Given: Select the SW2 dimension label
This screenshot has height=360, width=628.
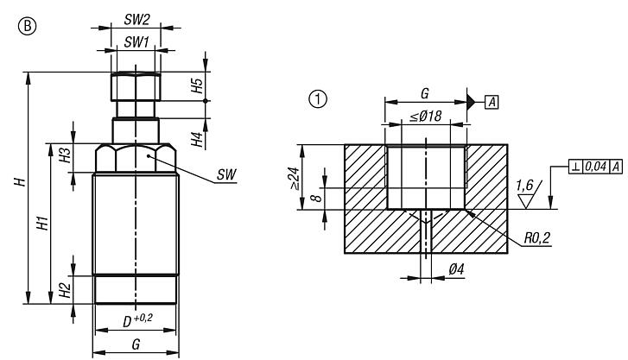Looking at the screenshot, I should tap(135, 18).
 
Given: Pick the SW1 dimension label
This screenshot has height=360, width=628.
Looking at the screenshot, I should tap(135, 42).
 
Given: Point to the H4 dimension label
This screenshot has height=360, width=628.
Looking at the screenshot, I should tap(198, 137).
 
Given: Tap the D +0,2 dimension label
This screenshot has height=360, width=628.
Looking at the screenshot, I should tap(137, 319).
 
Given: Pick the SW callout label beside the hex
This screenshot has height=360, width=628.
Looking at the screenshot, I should tap(227, 174).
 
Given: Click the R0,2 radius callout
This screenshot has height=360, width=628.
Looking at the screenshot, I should tap(537, 236).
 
